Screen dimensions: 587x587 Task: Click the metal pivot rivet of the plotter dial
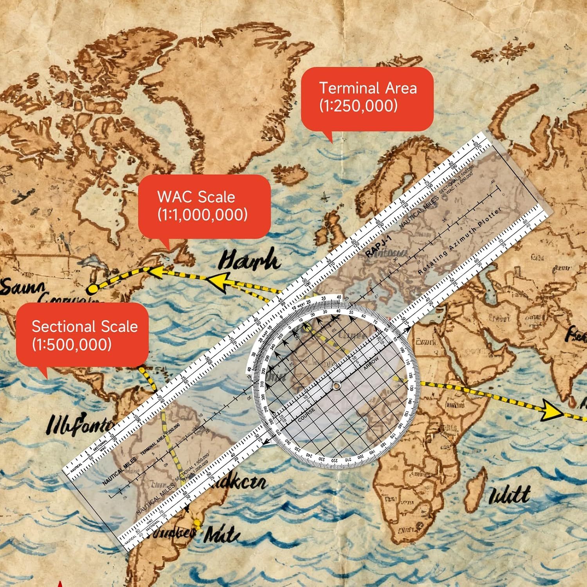tap(336, 387)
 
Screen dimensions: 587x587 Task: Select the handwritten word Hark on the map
tap(249, 261)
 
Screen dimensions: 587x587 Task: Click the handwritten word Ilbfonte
tap(80, 425)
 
